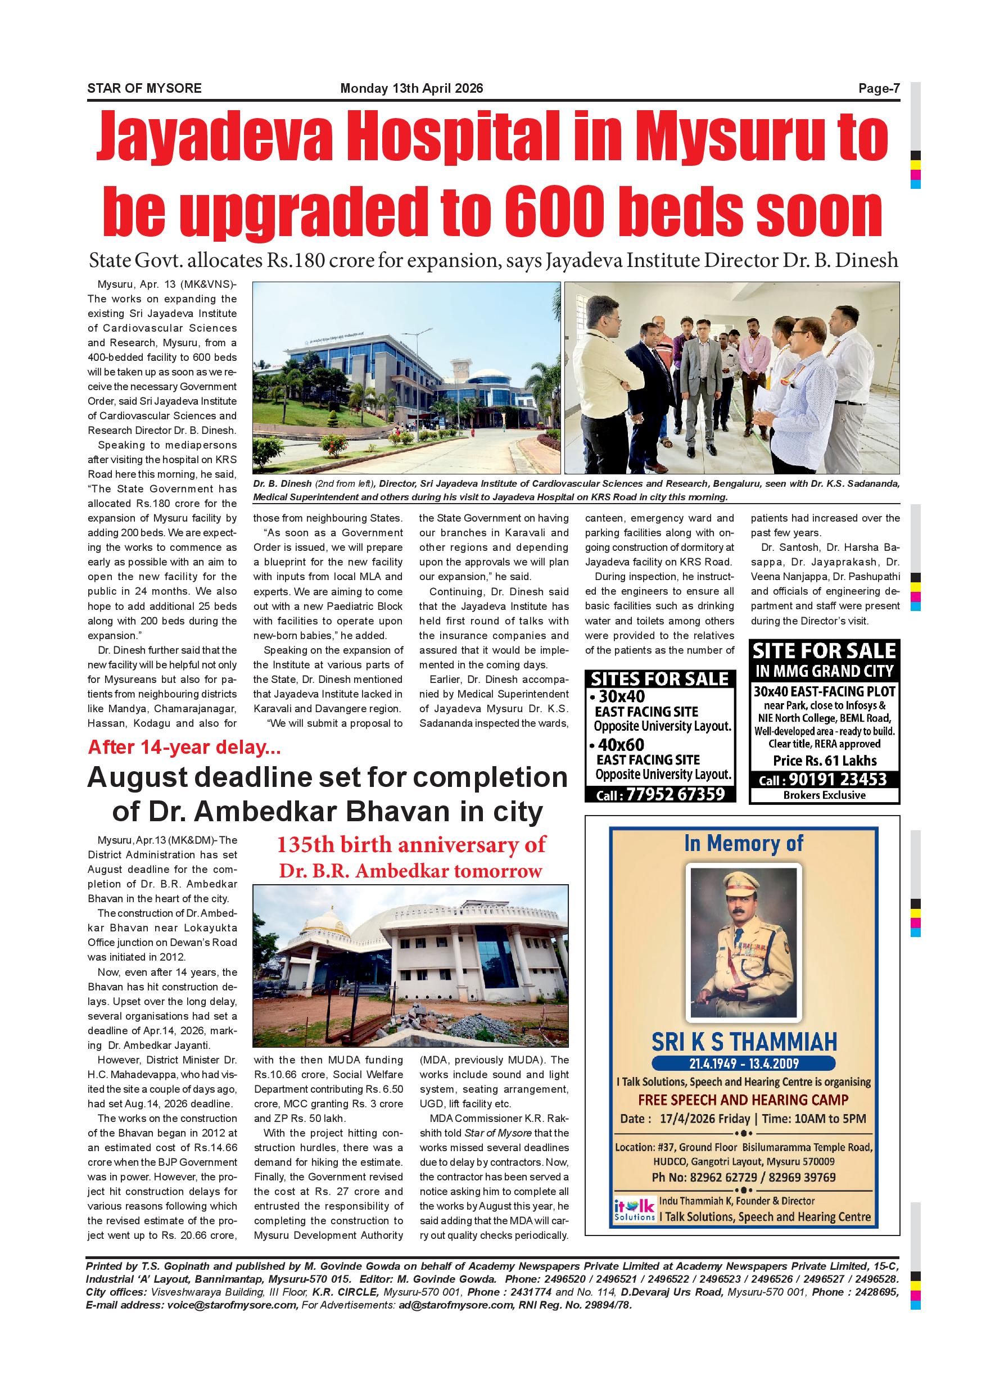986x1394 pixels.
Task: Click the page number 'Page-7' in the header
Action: pos(879,89)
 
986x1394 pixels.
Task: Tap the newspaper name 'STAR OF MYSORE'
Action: pos(144,89)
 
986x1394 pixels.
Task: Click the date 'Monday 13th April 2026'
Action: pos(411,89)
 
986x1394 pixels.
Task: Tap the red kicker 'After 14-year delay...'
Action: pos(184,747)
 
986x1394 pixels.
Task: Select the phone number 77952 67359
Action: pos(676,794)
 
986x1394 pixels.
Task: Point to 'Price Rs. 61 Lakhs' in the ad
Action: pos(825,761)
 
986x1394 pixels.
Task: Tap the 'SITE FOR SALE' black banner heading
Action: pos(825,651)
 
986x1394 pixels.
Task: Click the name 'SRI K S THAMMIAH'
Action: pos(744,1042)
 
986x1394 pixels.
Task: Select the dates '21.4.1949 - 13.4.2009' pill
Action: pos(744,1063)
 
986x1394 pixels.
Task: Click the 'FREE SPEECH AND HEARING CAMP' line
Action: pos(744,1099)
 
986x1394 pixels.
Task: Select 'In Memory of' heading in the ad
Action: pos(744,843)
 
